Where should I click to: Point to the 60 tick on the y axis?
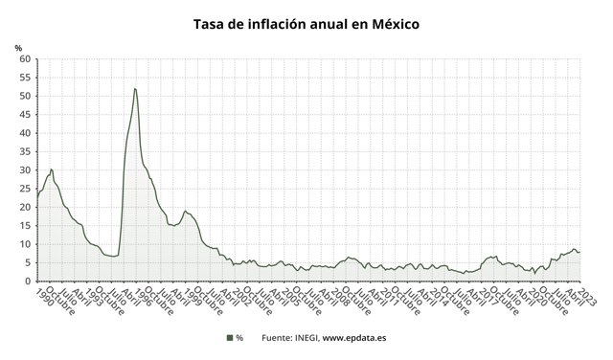[25, 59]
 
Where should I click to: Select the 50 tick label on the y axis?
[25, 97]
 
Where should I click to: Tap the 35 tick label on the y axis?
[25, 152]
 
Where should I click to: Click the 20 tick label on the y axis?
[25, 208]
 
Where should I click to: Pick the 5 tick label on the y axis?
[28, 263]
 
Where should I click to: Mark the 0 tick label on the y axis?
[28, 281]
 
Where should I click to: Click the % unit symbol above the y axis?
[18, 47]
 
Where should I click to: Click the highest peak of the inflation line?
[135, 89]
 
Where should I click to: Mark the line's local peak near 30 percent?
[51, 169]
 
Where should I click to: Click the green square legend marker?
[230, 337]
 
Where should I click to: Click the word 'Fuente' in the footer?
[278, 337]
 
